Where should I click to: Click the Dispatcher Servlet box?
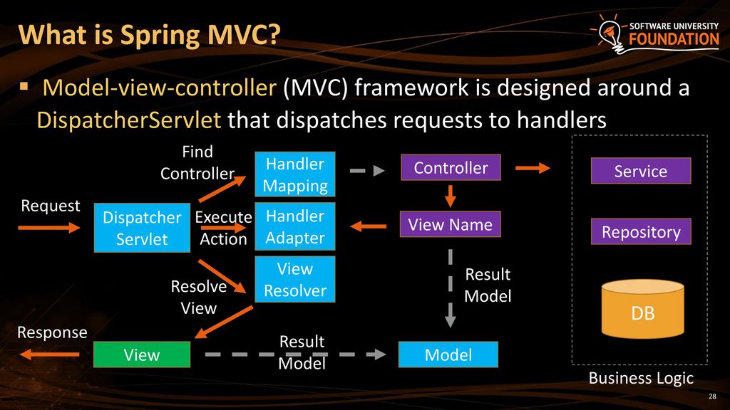tap(142, 228)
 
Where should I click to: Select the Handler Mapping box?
tap(295, 174)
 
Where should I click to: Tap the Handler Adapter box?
tap(295, 226)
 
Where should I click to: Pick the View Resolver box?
tap(295, 279)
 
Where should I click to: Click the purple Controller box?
tap(451, 167)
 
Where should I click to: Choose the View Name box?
tap(451, 224)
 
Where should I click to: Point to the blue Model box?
tap(448, 354)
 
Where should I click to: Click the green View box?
tap(142, 354)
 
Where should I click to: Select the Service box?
tap(641, 171)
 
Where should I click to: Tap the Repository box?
tap(641, 231)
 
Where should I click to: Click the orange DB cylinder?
tap(643, 309)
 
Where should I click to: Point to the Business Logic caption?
tap(641, 379)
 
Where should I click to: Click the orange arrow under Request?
tap(49, 228)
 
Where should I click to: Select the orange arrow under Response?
tap(49, 354)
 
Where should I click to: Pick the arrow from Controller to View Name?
tap(451, 196)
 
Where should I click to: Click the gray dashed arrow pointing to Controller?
tap(367, 171)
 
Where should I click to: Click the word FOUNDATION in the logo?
tap(674, 39)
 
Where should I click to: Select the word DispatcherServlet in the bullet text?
tap(128, 120)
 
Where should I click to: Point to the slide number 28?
tap(712, 396)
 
